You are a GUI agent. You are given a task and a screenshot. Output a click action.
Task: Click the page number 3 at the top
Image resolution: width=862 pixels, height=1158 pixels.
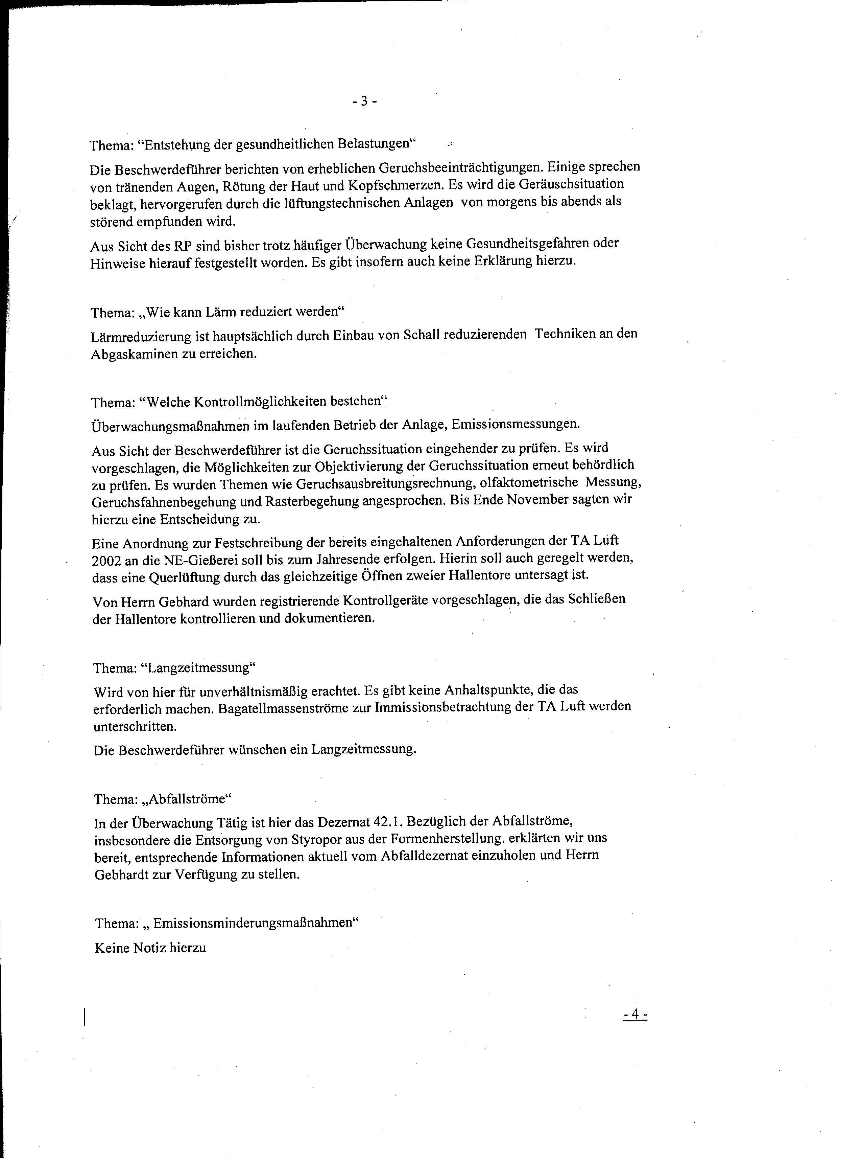[x=364, y=101]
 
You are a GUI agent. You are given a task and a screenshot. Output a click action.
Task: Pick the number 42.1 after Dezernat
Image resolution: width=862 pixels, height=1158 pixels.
[x=388, y=821]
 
